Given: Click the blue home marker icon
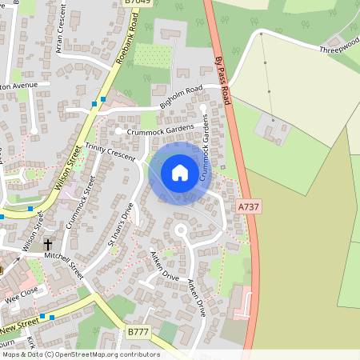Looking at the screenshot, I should [x=180, y=173].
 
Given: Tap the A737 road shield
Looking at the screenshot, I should [x=248, y=207].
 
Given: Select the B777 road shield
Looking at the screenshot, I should [x=138, y=331].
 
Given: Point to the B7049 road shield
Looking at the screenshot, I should [x=138, y=3].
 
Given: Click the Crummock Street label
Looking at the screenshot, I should [x=80, y=202].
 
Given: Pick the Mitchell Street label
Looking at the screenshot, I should [x=63, y=265].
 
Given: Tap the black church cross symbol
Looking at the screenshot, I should [x=48, y=244].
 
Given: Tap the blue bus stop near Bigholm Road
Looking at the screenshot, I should [x=95, y=103].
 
